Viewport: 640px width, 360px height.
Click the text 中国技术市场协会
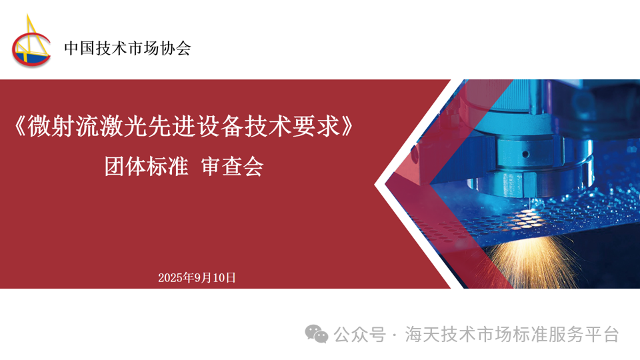coord(127,48)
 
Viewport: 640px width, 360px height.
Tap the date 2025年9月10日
coord(197,277)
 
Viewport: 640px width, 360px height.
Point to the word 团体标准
coord(146,167)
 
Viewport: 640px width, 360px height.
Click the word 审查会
coord(232,167)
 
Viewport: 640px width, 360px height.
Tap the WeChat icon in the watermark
coord(317,334)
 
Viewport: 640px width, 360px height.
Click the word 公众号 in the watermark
coord(359,335)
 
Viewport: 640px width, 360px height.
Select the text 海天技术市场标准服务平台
coord(512,335)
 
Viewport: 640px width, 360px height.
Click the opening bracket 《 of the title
coord(19,126)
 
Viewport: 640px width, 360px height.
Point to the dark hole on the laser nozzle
coord(526,154)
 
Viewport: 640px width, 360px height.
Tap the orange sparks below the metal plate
coord(531,261)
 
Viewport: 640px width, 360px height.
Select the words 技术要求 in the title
coord(292,126)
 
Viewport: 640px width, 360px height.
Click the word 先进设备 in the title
coord(195,126)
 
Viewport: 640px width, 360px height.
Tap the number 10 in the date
coord(219,278)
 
